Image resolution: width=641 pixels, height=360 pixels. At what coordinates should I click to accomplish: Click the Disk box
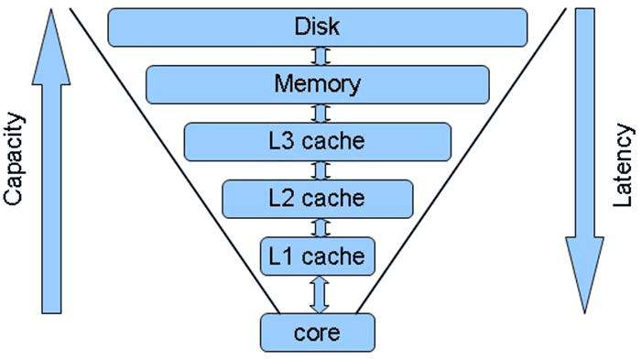coord(317,27)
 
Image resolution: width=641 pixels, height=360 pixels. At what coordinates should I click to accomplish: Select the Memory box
coord(317,84)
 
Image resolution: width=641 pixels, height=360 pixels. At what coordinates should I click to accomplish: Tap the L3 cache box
coord(317,141)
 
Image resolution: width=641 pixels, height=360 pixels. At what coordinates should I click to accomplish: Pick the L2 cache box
coord(317,198)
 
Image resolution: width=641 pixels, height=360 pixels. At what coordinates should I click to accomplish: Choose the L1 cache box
coord(317,256)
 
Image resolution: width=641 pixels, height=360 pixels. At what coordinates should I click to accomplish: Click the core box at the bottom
coord(317,331)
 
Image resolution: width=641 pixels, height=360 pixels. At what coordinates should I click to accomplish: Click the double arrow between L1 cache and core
coord(319,293)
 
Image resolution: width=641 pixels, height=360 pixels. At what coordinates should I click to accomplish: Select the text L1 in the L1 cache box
coord(280,256)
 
